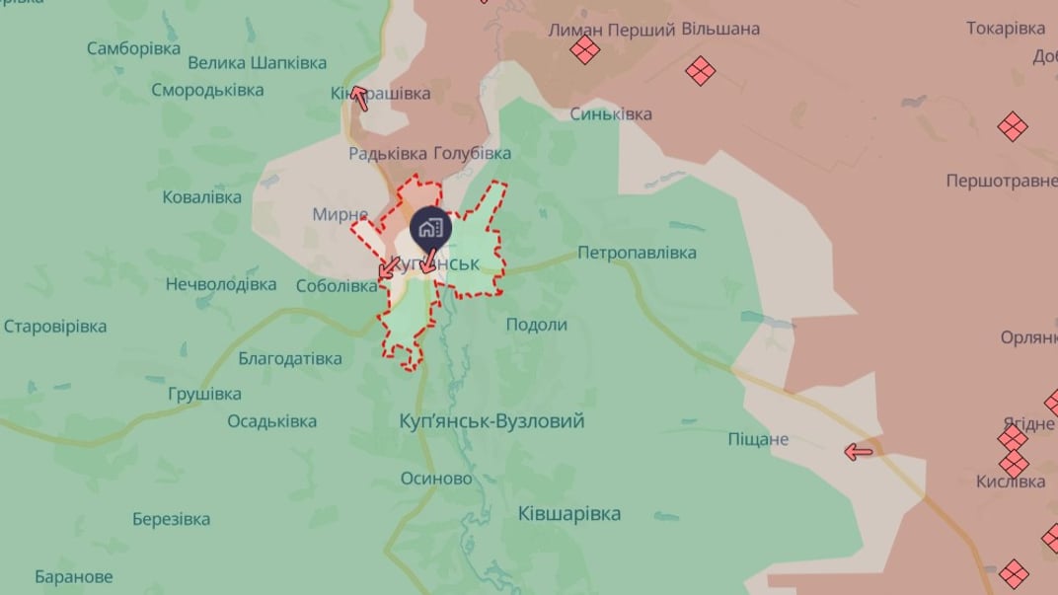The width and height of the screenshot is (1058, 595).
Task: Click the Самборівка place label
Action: [133, 48]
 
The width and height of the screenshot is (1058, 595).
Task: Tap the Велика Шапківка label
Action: [257, 63]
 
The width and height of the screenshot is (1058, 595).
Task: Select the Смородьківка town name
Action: [207, 90]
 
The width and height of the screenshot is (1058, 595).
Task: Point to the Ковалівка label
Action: [201, 197]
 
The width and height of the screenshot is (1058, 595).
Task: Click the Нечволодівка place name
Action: [221, 284]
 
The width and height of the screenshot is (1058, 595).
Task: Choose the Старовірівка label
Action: [55, 326]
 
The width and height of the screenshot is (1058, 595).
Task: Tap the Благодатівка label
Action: [290, 359]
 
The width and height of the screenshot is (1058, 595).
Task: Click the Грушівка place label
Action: [204, 394]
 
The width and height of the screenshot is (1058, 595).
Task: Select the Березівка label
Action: [171, 519]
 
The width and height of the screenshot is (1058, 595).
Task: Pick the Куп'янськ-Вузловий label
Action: [492, 421]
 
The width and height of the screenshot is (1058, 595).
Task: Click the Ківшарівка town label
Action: [569, 513]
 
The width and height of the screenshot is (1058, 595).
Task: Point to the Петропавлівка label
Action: [637, 253]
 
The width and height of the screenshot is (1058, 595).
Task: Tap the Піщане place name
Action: [758, 439]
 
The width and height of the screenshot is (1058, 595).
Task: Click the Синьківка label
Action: [611, 114]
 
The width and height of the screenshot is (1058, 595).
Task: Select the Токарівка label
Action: [1006, 29]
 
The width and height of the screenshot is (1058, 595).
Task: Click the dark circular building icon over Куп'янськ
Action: [430, 229]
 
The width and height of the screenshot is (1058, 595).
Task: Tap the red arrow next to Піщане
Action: [859, 452]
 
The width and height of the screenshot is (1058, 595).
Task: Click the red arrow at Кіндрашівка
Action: [359, 97]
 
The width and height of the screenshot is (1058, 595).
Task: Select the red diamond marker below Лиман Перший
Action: [585, 50]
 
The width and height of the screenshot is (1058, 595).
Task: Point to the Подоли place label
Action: [536, 325]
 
